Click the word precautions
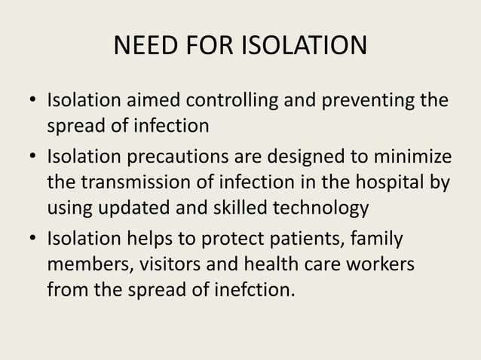pyautogui.click(x=176, y=159)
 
